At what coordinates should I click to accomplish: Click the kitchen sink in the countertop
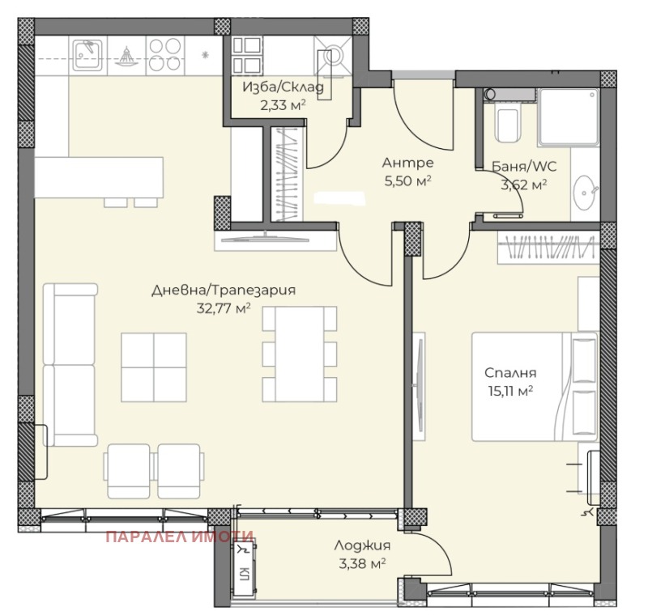point(87,55)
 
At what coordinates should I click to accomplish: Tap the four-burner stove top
point(165,55)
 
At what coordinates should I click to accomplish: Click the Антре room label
point(408,163)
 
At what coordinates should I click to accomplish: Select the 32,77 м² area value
point(224,308)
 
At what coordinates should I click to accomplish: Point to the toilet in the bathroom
point(508,121)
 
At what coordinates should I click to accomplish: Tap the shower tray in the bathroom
point(569,117)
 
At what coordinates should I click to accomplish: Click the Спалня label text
point(510,373)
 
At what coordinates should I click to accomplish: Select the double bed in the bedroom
point(535,386)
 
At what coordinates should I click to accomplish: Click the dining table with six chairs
point(300,354)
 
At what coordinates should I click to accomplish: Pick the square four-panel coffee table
point(154,367)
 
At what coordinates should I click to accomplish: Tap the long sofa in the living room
point(70,364)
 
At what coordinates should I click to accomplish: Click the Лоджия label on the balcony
point(362,545)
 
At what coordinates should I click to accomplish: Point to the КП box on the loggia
point(245,568)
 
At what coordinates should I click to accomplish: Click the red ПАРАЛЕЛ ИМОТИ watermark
point(179,537)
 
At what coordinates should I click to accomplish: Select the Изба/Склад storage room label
point(283,87)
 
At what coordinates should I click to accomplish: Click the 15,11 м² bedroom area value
point(510,391)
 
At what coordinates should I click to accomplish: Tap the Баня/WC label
point(524,167)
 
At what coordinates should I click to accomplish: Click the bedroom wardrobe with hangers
point(548,248)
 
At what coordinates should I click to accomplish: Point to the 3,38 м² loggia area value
point(362,563)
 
